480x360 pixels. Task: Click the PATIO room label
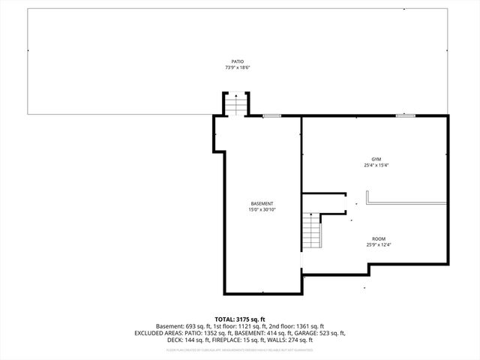(x=237, y=61)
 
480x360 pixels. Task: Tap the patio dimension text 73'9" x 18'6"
(x=237, y=67)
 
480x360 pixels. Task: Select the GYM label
(x=376, y=160)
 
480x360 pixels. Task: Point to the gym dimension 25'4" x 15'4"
(x=376, y=166)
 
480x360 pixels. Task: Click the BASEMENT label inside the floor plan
(x=262, y=204)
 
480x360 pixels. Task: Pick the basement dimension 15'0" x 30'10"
(x=262, y=210)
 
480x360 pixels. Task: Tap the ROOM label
(x=379, y=238)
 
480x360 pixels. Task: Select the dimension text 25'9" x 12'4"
(x=379, y=244)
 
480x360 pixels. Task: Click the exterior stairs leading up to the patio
(x=236, y=104)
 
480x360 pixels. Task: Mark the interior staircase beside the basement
(x=310, y=232)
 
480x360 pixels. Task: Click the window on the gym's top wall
(x=405, y=115)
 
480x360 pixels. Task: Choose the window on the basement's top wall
(x=271, y=115)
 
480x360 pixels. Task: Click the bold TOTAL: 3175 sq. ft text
(x=240, y=319)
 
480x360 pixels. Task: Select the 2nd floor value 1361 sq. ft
(x=310, y=326)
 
